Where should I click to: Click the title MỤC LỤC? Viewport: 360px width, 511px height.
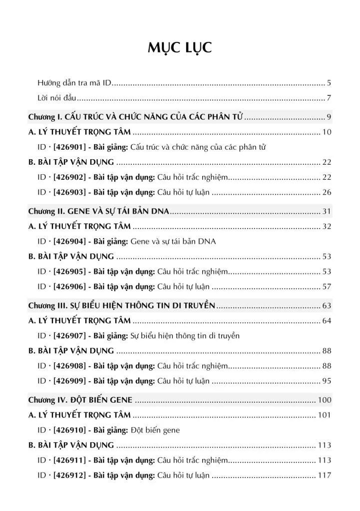point(180,47)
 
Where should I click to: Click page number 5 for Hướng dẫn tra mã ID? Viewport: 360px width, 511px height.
point(329,82)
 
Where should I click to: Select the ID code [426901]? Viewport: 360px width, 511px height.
point(69,147)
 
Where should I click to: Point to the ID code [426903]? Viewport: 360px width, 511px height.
point(69,192)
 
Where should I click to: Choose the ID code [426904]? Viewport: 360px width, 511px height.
point(69,241)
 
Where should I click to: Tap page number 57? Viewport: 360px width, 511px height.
point(327,286)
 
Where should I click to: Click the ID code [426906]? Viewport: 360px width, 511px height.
point(69,286)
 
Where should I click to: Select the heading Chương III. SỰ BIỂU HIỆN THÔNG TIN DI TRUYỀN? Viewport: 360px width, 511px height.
point(121,305)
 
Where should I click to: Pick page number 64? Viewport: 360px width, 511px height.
point(327,320)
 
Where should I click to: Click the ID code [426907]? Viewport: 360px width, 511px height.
point(69,335)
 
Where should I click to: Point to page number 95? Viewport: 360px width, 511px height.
point(327,381)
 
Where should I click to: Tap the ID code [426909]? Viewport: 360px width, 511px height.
point(69,381)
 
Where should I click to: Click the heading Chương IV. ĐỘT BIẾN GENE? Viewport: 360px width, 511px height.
point(80,400)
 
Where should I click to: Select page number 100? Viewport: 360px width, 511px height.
point(325,400)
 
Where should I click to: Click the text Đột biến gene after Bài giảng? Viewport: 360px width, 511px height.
point(155,430)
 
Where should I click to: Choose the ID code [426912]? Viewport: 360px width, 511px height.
point(69,475)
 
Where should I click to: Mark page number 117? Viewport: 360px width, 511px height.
point(325,475)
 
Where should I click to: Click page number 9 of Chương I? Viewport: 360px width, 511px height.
point(329,117)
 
